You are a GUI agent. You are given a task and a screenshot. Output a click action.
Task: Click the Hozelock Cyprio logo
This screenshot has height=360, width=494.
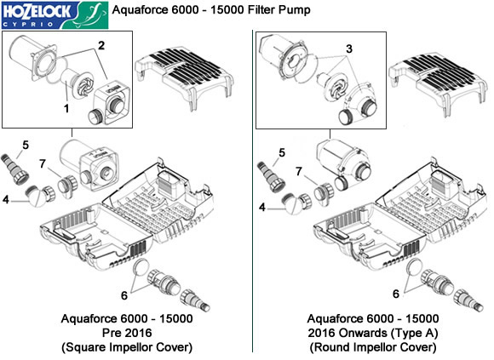tap(55, 14)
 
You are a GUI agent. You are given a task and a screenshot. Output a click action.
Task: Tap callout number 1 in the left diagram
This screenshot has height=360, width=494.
tap(66, 109)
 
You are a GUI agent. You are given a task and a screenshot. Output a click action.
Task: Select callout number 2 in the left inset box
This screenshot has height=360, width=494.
tap(101, 46)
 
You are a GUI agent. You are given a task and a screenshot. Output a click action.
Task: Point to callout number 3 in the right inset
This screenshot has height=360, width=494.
tap(348, 49)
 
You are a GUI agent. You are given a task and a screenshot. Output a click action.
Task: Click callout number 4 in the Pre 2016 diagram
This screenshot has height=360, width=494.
tap(6, 199)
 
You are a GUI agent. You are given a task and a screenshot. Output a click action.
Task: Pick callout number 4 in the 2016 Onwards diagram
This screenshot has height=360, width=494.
tap(262, 208)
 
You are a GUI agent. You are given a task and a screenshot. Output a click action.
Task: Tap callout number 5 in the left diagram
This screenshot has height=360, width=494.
tap(26, 145)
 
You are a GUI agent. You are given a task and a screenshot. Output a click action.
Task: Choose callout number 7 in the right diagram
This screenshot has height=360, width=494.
tap(299, 172)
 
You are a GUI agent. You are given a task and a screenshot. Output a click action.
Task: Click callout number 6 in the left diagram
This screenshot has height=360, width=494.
tap(124, 295)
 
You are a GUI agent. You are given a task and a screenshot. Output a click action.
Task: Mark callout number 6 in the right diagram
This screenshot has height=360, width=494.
tap(396, 294)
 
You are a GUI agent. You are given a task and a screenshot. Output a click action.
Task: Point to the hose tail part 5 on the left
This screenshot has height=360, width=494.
tap(15, 169)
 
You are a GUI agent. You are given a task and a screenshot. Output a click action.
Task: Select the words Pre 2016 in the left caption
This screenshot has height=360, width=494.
tap(127, 333)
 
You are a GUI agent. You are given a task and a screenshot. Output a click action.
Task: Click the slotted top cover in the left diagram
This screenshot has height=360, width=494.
tap(184, 77)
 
